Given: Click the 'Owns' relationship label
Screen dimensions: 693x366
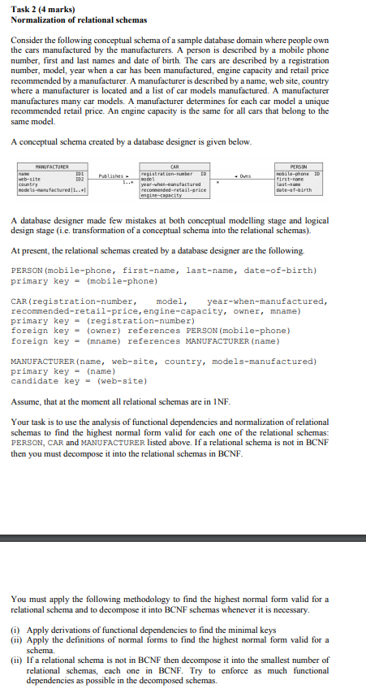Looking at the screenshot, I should click(241, 175).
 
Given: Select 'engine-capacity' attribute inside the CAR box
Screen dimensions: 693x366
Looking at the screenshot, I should click(162, 197).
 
